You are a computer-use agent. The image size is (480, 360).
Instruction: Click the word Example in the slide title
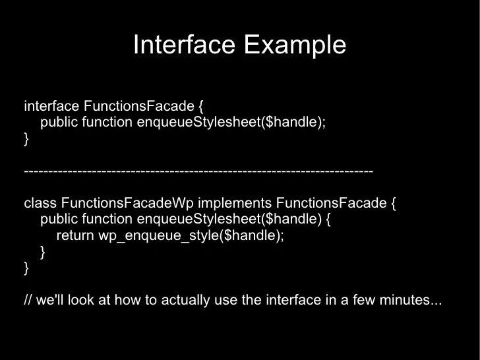295,45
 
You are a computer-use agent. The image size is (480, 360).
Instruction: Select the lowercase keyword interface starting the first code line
51,106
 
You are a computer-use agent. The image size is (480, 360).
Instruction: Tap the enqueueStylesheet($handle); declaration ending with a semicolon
231,123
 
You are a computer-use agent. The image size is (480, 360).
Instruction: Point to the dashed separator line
198,171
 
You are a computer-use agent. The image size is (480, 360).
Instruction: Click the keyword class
40,203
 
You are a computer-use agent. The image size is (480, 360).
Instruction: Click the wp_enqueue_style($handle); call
191,235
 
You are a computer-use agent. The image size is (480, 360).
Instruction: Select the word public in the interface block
59,123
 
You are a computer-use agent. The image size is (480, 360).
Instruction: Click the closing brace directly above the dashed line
26,139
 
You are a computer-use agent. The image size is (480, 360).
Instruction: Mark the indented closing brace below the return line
43,251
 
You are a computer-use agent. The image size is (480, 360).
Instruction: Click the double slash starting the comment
28,300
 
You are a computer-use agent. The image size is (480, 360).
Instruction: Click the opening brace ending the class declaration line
394,203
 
